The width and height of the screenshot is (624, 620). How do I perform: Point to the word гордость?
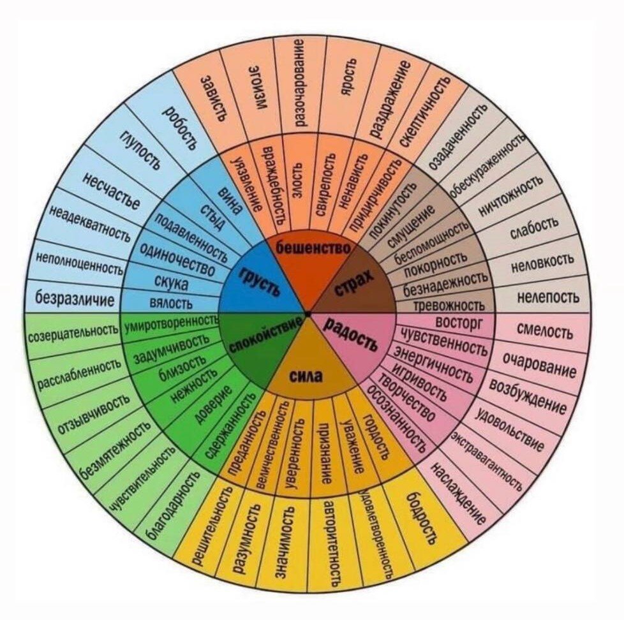coord(375,436)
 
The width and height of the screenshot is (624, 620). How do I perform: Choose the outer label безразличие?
coord(75,299)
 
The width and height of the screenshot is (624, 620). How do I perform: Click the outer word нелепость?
coord(548,297)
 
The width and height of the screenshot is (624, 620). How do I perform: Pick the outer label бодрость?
coord(422,516)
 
